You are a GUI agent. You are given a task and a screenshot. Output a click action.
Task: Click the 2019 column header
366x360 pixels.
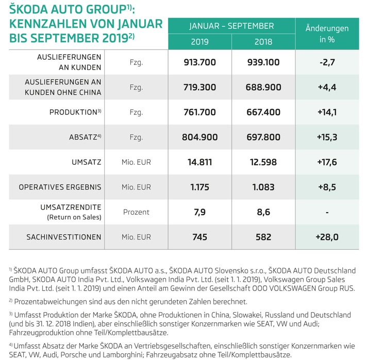pyautogui.click(x=199, y=41)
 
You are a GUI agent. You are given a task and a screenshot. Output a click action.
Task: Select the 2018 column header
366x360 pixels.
pyautogui.click(x=263, y=41)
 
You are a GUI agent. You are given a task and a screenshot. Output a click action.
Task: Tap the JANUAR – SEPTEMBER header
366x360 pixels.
pyautogui.click(x=231, y=26)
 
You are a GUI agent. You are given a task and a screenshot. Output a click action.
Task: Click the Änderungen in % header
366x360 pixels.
pyautogui.click(x=327, y=34)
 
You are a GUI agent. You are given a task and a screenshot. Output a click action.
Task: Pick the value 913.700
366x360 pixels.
pyautogui.click(x=199, y=62)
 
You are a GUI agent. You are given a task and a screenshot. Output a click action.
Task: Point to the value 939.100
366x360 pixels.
pyautogui.click(x=263, y=62)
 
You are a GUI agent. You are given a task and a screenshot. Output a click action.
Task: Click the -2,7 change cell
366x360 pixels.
pyautogui.click(x=327, y=62)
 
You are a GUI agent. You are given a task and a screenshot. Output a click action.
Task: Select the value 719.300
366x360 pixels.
pyautogui.click(x=199, y=88)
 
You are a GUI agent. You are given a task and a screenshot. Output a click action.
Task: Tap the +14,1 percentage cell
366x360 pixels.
pyautogui.click(x=327, y=112)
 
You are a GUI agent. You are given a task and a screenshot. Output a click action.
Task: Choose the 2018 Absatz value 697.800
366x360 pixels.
pyautogui.click(x=263, y=138)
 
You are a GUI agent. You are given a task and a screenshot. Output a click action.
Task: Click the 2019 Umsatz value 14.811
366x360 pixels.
pyautogui.click(x=199, y=162)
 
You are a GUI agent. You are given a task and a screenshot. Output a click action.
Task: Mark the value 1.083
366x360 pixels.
pyautogui.click(x=263, y=187)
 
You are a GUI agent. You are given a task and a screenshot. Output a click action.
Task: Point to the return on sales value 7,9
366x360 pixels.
pyautogui.click(x=199, y=212)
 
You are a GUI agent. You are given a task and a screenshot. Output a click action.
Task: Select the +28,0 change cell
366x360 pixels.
pyautogui.click(x=327, y=237)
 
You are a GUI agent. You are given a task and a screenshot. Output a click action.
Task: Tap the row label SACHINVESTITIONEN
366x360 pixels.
pyautogui.click(x=64, y=237)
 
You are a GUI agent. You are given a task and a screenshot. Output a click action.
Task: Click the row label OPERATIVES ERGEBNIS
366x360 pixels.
pyautogui.click(x=60, y=187)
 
